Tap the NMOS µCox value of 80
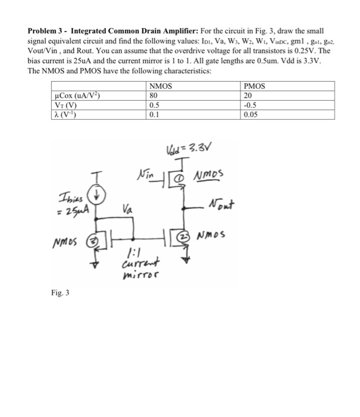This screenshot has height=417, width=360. point(154,94)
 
